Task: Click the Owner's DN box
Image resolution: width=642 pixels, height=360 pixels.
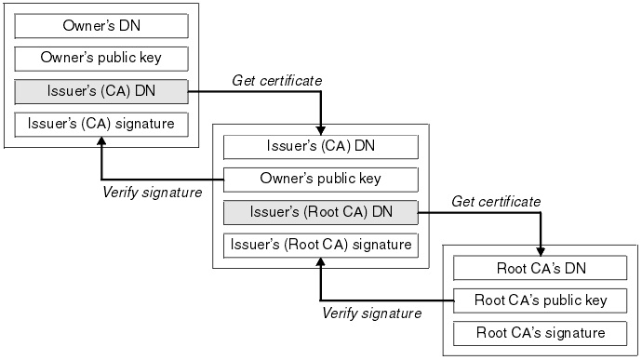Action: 101,25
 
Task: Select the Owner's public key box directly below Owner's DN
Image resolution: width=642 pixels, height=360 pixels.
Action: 101,58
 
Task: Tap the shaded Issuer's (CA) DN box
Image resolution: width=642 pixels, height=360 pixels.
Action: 101,90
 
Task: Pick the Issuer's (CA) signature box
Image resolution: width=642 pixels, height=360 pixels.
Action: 101,123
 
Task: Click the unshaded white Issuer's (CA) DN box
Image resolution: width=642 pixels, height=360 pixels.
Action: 321,146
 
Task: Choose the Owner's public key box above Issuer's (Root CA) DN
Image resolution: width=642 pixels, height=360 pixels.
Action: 321,179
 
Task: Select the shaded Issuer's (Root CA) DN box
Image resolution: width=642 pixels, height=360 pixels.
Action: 321,212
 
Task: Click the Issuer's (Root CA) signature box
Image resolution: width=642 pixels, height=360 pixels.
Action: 321,245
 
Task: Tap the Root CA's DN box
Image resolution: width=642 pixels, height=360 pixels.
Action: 542,268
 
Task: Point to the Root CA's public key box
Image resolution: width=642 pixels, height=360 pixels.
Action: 542,300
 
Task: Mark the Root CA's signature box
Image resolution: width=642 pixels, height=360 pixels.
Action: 542,332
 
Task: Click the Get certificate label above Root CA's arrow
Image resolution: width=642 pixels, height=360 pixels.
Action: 496,201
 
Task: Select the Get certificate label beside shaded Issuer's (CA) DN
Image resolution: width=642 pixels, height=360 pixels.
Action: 276,81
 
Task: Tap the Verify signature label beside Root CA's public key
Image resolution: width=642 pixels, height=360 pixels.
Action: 371,313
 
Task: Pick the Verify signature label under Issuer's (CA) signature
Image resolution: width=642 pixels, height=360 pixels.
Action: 151,193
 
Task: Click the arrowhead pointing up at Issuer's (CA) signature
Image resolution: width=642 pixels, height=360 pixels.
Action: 101,141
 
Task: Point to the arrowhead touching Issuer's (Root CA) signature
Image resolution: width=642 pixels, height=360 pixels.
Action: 321,263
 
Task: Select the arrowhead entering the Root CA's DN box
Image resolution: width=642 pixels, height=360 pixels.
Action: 541,251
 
